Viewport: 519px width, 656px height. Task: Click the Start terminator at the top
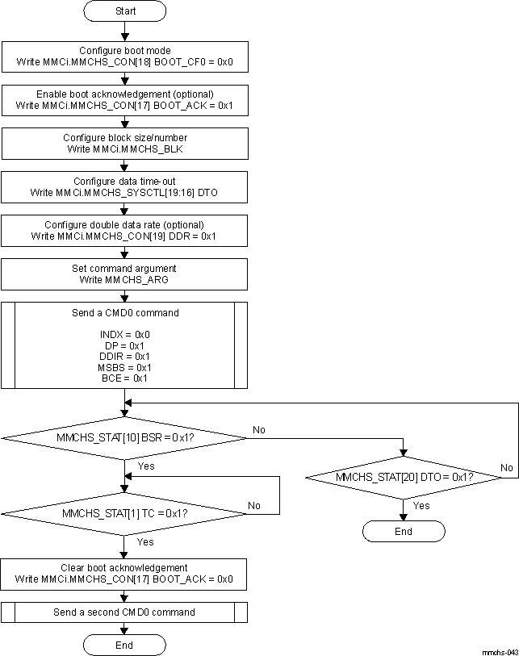124,11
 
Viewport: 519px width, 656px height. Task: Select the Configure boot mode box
124,56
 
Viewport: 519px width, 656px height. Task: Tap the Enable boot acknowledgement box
124,99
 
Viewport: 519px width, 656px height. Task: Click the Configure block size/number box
124,143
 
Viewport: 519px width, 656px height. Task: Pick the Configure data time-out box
124,187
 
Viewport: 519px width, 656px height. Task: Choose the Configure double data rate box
124,231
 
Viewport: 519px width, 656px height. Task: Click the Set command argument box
124,274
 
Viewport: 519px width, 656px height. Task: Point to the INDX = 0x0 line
124,333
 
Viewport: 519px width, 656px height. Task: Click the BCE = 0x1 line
124,378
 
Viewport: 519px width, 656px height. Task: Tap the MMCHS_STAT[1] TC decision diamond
124,513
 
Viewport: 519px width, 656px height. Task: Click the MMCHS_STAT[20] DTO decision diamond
404,477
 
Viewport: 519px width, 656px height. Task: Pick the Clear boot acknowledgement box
124,573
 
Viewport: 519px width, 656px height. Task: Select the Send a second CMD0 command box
124,612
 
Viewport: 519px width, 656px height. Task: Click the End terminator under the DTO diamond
404,531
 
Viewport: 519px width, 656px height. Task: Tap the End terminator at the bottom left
124,645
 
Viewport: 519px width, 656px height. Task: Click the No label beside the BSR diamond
259,430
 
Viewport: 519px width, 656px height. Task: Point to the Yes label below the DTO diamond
421,505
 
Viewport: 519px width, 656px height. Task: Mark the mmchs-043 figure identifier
499,650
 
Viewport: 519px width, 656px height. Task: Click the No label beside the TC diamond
254,506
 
